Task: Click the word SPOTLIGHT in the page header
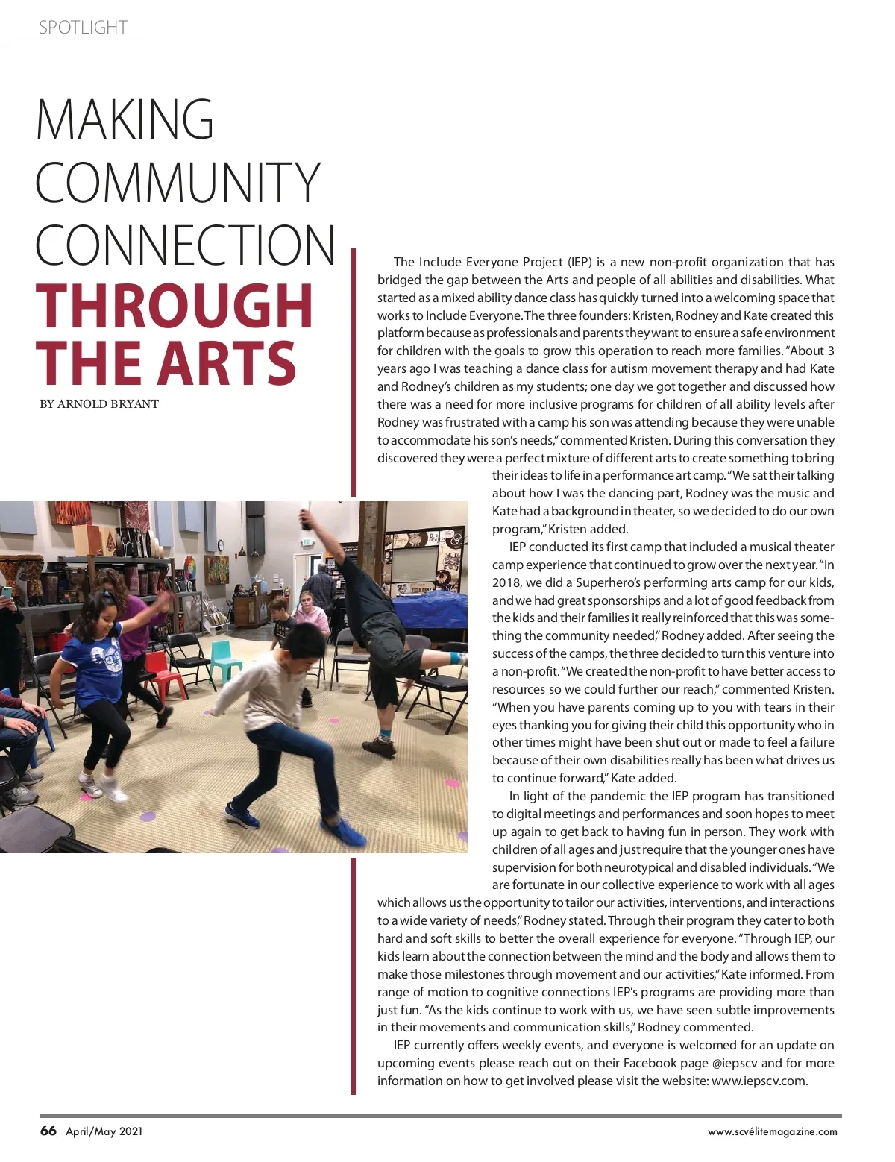tap(83, 28)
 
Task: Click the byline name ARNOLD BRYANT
tap(108, 404)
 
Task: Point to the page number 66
tap(48, 1131)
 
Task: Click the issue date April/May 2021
tap(104, 1131)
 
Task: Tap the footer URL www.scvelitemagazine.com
tap(772, 1131)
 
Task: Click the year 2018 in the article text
tap(507, 582)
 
